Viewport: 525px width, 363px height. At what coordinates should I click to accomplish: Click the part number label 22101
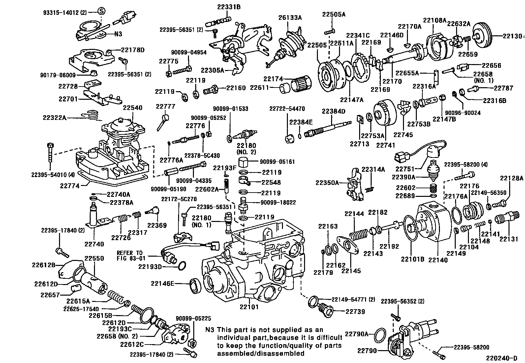pyautogui.click(x=249, y=307)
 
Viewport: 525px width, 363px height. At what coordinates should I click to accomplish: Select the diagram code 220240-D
pyautogui.click(x=501, y=358)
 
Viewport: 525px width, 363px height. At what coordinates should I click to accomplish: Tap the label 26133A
pyautogui.click(x=291, y=18)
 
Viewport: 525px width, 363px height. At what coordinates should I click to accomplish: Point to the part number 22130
pyautogui.click(x=513, y=36)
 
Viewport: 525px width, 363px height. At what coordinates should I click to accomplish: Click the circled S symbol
pyautogui.click(x=102, y=11)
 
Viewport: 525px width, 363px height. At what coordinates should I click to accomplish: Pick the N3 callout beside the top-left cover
pyautogui.click(x=118, y=34)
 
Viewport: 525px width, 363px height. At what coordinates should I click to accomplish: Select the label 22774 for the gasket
pyautogui.click(x=70, y=186)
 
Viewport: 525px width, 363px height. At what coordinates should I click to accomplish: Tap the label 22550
pyautogui.click(x=95, y=258)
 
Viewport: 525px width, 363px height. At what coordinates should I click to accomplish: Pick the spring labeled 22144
pyautogui.click(x=358, y=235)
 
